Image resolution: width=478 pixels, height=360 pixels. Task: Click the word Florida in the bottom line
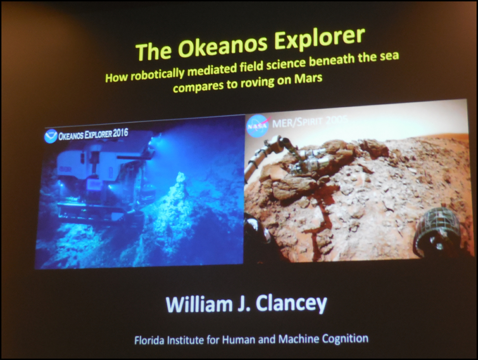point(150,340)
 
